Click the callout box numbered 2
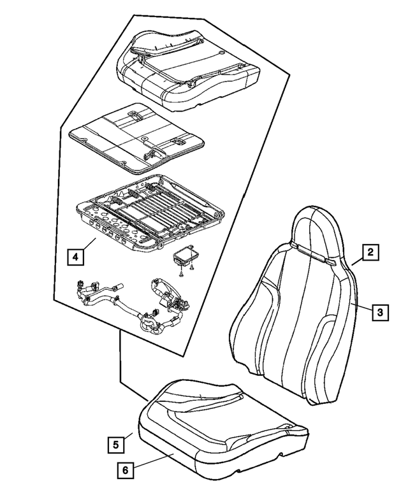[369, 253]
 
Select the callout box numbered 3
[379, 312]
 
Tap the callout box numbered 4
[75, 257]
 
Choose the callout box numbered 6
[125, 471]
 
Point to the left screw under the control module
[180, 273]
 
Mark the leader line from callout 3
[363, 309]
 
